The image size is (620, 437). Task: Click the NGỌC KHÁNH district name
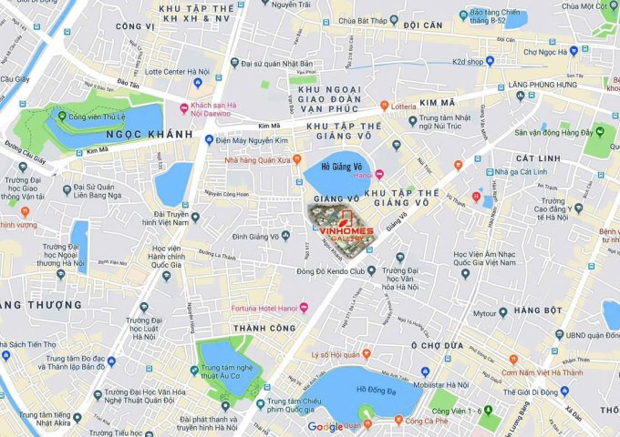pos(150,134)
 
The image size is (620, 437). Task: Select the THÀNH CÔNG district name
pos(264,328)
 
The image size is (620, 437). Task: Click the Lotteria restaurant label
pos(411,107)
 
